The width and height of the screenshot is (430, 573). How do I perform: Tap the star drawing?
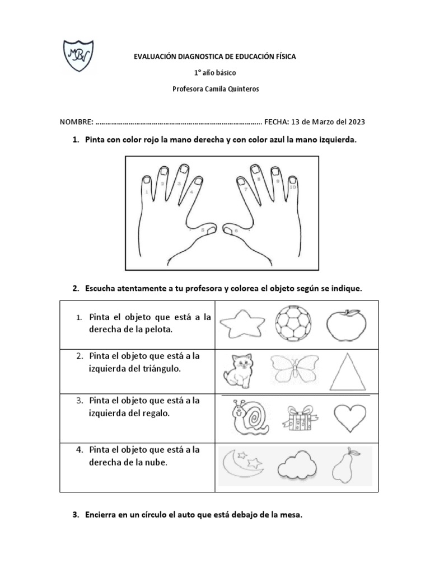pos(242,324)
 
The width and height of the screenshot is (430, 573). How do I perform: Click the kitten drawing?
pos(237,370)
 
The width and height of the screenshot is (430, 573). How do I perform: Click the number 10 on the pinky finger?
pos(292,187)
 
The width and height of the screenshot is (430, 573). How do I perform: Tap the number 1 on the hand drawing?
pos(146,192)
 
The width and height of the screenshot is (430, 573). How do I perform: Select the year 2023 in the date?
pos(356,122)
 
